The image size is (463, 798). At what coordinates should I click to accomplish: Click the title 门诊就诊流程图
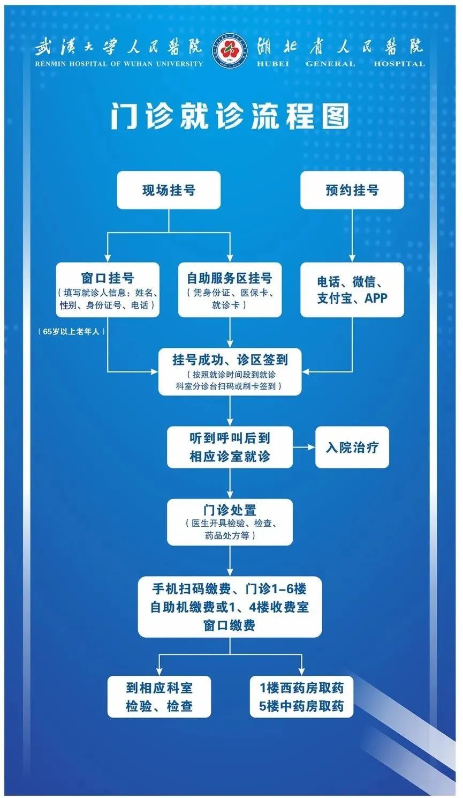(x=230, y=116)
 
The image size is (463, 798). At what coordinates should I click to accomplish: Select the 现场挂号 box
(x=169, y=190)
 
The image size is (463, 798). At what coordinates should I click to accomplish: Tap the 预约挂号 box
(x=352, y=190)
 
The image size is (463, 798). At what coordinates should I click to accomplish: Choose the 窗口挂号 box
(x=108, y=289)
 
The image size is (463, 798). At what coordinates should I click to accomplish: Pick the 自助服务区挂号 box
(x=230, y=289)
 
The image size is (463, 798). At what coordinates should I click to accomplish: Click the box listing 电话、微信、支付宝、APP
(x=352, y=289)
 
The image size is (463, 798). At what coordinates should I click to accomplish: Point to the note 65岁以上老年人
(x=72, y=332)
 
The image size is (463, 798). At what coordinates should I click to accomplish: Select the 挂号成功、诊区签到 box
(x=230, y=371)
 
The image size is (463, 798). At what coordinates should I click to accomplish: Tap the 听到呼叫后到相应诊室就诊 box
(x=230, y=447)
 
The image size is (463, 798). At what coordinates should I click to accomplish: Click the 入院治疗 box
(x=352, y=447)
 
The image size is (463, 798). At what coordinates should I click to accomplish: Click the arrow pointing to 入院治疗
(x=304, y=447)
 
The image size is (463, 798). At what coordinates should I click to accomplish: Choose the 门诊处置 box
(x=230, y=522)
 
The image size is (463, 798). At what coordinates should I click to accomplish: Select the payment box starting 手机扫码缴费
(x=230, y=607)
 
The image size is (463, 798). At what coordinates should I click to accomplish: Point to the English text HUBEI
(x=273, y=64)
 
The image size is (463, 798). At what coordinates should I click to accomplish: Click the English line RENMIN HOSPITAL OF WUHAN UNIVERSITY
(x=119, y=64)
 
